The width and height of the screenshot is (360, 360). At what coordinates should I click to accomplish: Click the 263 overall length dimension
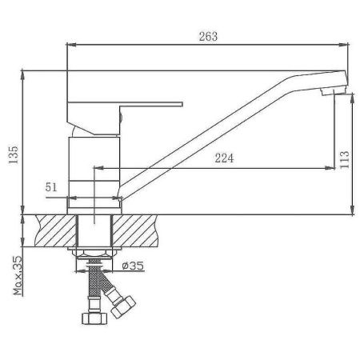[x=206, y=37]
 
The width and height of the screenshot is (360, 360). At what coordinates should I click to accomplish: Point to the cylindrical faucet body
[x=95, y=172]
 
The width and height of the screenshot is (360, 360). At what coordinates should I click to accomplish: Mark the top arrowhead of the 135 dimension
[x=27, y=74]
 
